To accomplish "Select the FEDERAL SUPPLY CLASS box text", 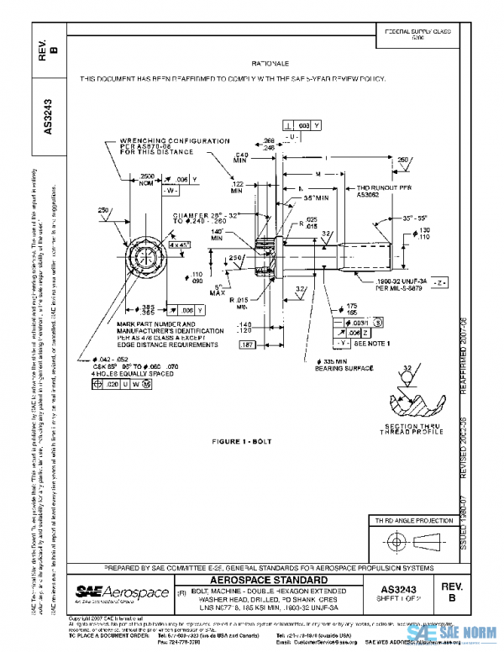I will pos(417,34).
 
